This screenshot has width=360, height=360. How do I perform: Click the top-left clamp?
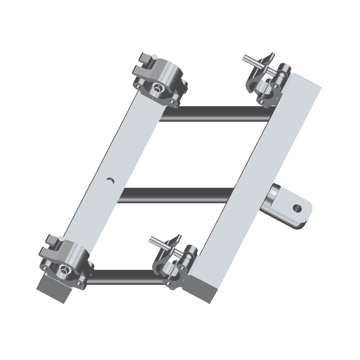click(x=160, y=82)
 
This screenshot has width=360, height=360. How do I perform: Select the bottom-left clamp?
click(x=65, y=262)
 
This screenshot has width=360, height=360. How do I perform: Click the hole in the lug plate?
click(x=297, y=207)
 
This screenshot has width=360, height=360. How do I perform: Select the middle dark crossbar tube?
click(x=177, y=195)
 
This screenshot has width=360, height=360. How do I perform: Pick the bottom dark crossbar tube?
click(x=124, y=277)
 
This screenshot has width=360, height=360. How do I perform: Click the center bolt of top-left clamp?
click(x=158, y=88)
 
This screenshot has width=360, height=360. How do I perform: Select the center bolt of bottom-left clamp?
click(x=63, y=269)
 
